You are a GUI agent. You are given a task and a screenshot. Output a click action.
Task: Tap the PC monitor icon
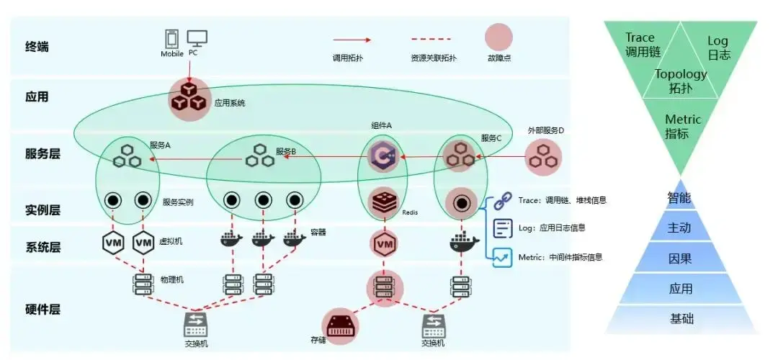pyautogui.click(x=197, y=38)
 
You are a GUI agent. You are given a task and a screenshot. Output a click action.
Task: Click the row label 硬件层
pyautogui.click(x=43, y=310)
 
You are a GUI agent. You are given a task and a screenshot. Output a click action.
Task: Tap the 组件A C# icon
pyautogui.click(x=382, y=157)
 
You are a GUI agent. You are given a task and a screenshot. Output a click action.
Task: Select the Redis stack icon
pyautogui.click(x=383, y=203)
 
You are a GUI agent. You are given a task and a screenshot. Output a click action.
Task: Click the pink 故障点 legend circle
pyautogui.click(x=498, y=37)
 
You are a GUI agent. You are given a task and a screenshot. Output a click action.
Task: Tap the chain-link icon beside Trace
pyautogui.click(x=502, y=201)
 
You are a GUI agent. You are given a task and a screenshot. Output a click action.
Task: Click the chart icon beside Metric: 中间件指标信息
pyautogui.click(x=502, y=256)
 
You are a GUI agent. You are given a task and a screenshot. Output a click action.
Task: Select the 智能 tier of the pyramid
pyautogui.click(x=681, y=196)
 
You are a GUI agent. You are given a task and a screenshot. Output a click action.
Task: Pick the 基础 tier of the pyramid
pyautogui.click(x=681, y=318)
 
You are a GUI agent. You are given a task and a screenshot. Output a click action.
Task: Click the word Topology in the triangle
pyautogui.click(x=681, y=73)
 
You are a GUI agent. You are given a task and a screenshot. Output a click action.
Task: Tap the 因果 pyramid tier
pyautogui.click(x=681, y=257)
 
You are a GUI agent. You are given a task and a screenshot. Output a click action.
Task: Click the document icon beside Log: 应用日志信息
pyautogui.click(x=502, y=228)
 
